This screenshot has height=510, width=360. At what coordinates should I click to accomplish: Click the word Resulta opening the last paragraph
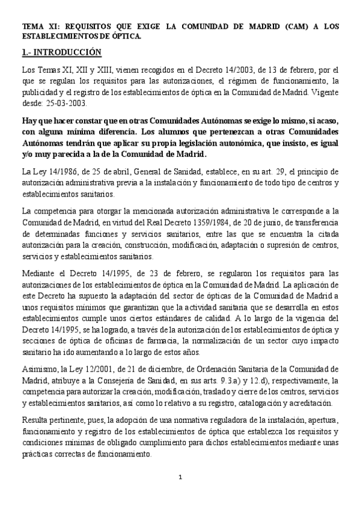[35, 419]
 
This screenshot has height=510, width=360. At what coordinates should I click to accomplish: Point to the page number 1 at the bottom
[180, 477]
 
